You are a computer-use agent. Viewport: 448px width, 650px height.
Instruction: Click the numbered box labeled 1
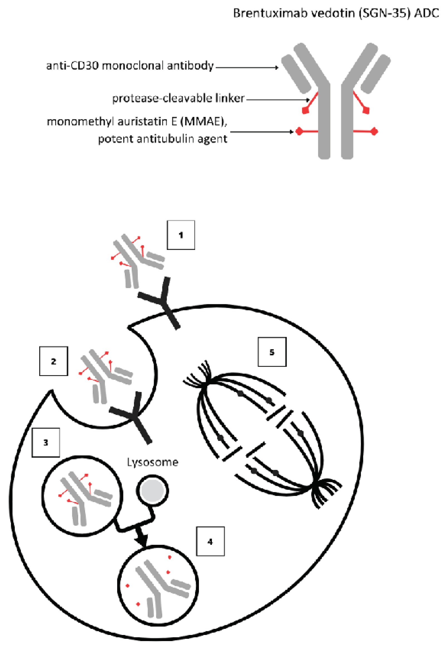point(181,235)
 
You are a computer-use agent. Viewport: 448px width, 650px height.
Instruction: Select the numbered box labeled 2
point(54,361)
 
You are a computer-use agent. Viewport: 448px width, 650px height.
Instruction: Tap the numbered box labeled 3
point(46,443)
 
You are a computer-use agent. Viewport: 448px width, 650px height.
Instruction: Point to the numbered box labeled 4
point(210,542)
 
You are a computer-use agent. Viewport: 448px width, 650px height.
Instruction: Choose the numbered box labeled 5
point(272,352)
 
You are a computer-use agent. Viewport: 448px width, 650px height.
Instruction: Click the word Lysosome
point(152,462)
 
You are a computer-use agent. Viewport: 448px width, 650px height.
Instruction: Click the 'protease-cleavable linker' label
point(178,98)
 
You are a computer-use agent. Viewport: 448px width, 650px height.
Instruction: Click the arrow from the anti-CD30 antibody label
point(247,67)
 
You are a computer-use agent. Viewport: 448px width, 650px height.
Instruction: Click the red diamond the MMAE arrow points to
point(299,131)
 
